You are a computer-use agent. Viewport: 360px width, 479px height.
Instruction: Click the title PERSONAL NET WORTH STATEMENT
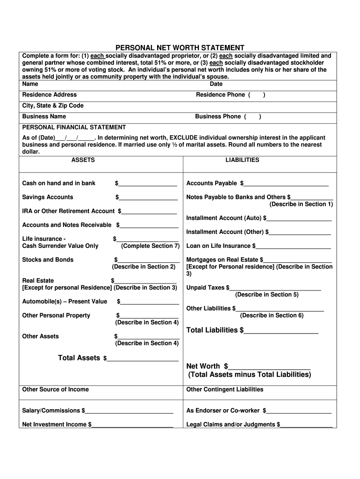180,48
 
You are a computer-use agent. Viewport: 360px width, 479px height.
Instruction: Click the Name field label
30,84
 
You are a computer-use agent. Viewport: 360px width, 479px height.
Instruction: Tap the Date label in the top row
216,84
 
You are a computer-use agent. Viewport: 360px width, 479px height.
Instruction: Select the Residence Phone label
220,95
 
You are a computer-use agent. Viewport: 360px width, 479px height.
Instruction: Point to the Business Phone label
218,116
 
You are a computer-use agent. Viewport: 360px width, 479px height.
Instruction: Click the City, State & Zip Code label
53,106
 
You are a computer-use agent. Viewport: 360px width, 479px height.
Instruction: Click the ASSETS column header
83,160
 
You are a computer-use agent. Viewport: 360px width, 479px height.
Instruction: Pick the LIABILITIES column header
242,160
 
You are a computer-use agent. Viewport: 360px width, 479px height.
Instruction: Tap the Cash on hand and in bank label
59,183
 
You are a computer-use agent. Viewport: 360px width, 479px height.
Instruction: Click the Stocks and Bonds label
48,260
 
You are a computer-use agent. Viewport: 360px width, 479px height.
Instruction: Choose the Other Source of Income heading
56,390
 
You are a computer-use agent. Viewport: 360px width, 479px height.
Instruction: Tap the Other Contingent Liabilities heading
225,390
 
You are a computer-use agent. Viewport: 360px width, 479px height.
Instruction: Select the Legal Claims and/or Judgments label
231,425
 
